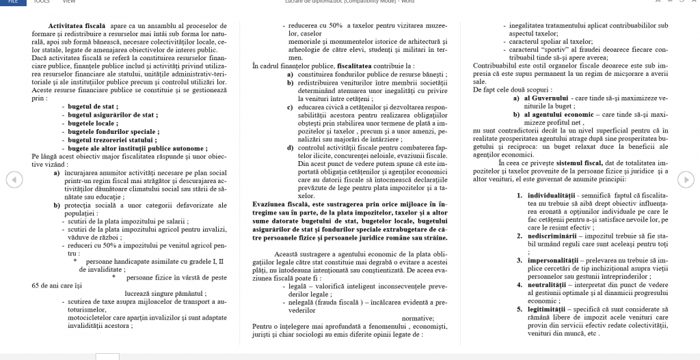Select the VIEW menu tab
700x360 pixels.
click(69, 2)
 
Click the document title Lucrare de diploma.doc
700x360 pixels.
click(314, 2)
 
